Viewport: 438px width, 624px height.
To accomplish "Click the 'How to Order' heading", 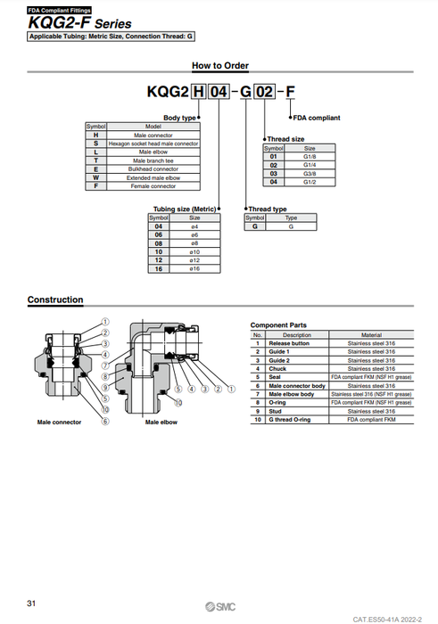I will pyautogui.click(x=219, y=65).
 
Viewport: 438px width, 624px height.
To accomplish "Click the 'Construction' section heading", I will pyautogui.click(x=55, y=300).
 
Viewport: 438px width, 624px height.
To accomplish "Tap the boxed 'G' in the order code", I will pyautogui.click(x=244, y=92).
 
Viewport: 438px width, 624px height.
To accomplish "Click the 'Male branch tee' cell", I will pyautogui.click(x=153, y=160).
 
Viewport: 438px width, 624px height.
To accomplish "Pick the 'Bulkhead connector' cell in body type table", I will pyautogui.click(x=153, y=168).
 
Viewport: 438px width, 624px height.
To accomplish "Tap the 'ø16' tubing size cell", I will pyautogui.click(x=194, y=268).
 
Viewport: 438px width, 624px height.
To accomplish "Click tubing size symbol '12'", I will pyautogui.click(x=158, y=260).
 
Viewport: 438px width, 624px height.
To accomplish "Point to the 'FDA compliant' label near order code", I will pyautogui.click(x=317, y=117).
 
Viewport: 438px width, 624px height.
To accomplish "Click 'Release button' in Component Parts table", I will pyautogui.click(x=295, y=343).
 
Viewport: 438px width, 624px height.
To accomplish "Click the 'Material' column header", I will pyautogui.click(x=370, y=335).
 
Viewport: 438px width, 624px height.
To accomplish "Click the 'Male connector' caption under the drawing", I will pyautogui.click(x=58, y=422).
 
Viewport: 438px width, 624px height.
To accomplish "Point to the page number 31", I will pyautogui.click(x=32, y=604).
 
